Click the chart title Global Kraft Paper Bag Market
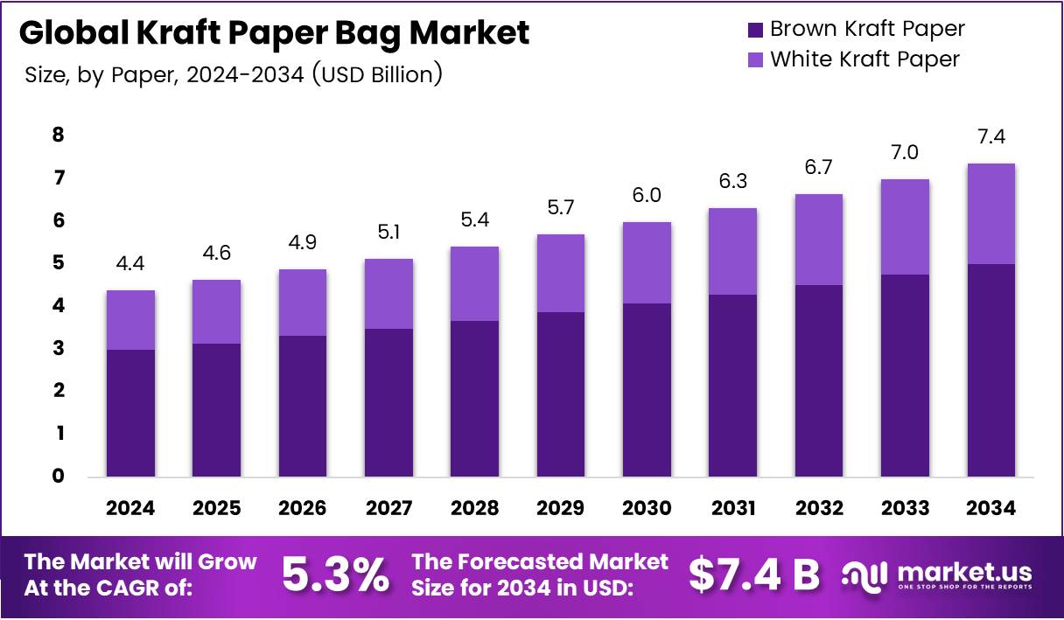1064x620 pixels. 274,33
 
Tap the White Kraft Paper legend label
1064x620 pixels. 864,59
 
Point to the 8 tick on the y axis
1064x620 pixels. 58,135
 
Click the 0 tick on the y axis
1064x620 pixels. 58,477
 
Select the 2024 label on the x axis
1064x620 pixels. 131,509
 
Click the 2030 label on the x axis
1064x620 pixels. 647,509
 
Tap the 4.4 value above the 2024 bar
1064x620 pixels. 131,263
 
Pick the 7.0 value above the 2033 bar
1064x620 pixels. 905,152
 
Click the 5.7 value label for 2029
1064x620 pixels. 560,207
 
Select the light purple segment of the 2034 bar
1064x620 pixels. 990,214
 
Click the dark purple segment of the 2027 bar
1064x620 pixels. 388,402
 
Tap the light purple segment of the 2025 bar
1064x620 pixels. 217,311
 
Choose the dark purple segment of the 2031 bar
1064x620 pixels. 732,385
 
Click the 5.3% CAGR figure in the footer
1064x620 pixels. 336,575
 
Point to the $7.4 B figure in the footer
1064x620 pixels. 753,575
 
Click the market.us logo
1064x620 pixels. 937,575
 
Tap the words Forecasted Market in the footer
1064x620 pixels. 540,561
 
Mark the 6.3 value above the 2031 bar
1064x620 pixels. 732,181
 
